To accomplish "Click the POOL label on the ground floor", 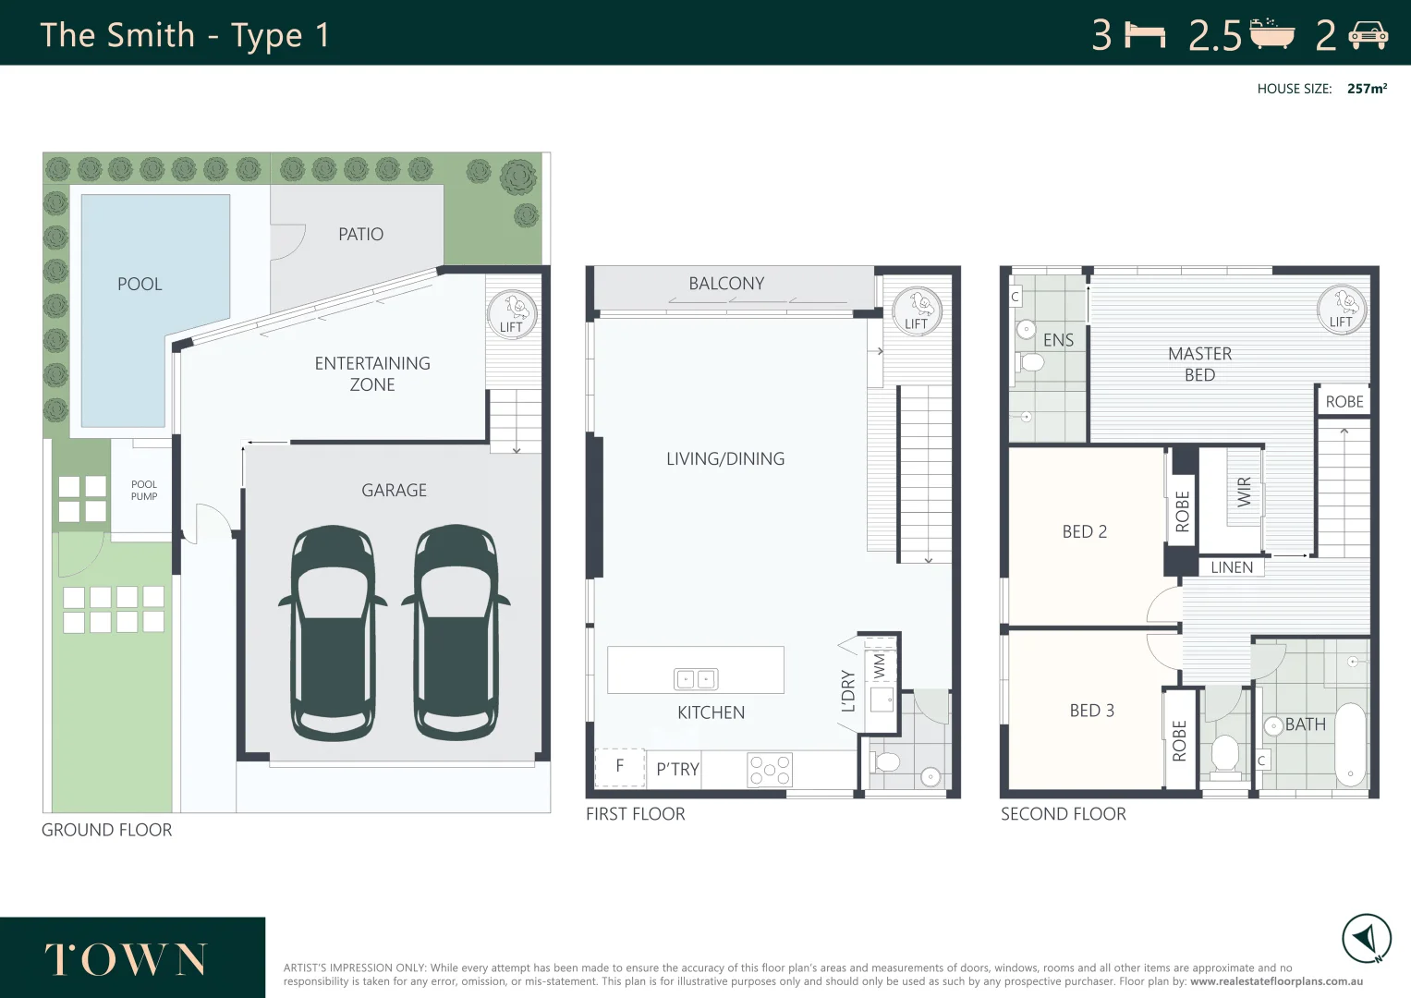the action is click(x=140, y=285).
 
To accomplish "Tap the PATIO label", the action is click(x=361, y=235).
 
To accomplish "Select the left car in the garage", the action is click(x=333, y=633).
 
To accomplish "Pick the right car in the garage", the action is click(x=456, y=633).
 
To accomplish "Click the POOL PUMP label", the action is click(x=144, y=490).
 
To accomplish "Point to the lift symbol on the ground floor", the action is click(x=512, y=313).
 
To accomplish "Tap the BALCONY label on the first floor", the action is click(x=726, y=284).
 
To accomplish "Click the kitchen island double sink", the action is click(x=696, y=679).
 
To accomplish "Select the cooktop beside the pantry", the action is click(x=770, y=770).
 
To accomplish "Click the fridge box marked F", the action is click(x=620, y=767).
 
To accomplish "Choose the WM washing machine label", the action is click(x=880, y=666).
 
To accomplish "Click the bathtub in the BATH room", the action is click(x=1350, y=745).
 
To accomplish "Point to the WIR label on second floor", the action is click(x=1244, y=492).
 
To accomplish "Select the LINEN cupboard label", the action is click(x=1232, y=567).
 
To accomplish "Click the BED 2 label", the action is click(x=1085, y=531).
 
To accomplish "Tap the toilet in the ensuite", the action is click(x=1029, y=362).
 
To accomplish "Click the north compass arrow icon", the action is click(x=1366, y=939).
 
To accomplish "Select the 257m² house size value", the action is click(x=1367, y=89).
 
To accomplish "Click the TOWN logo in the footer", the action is click(x=126, y=959).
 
